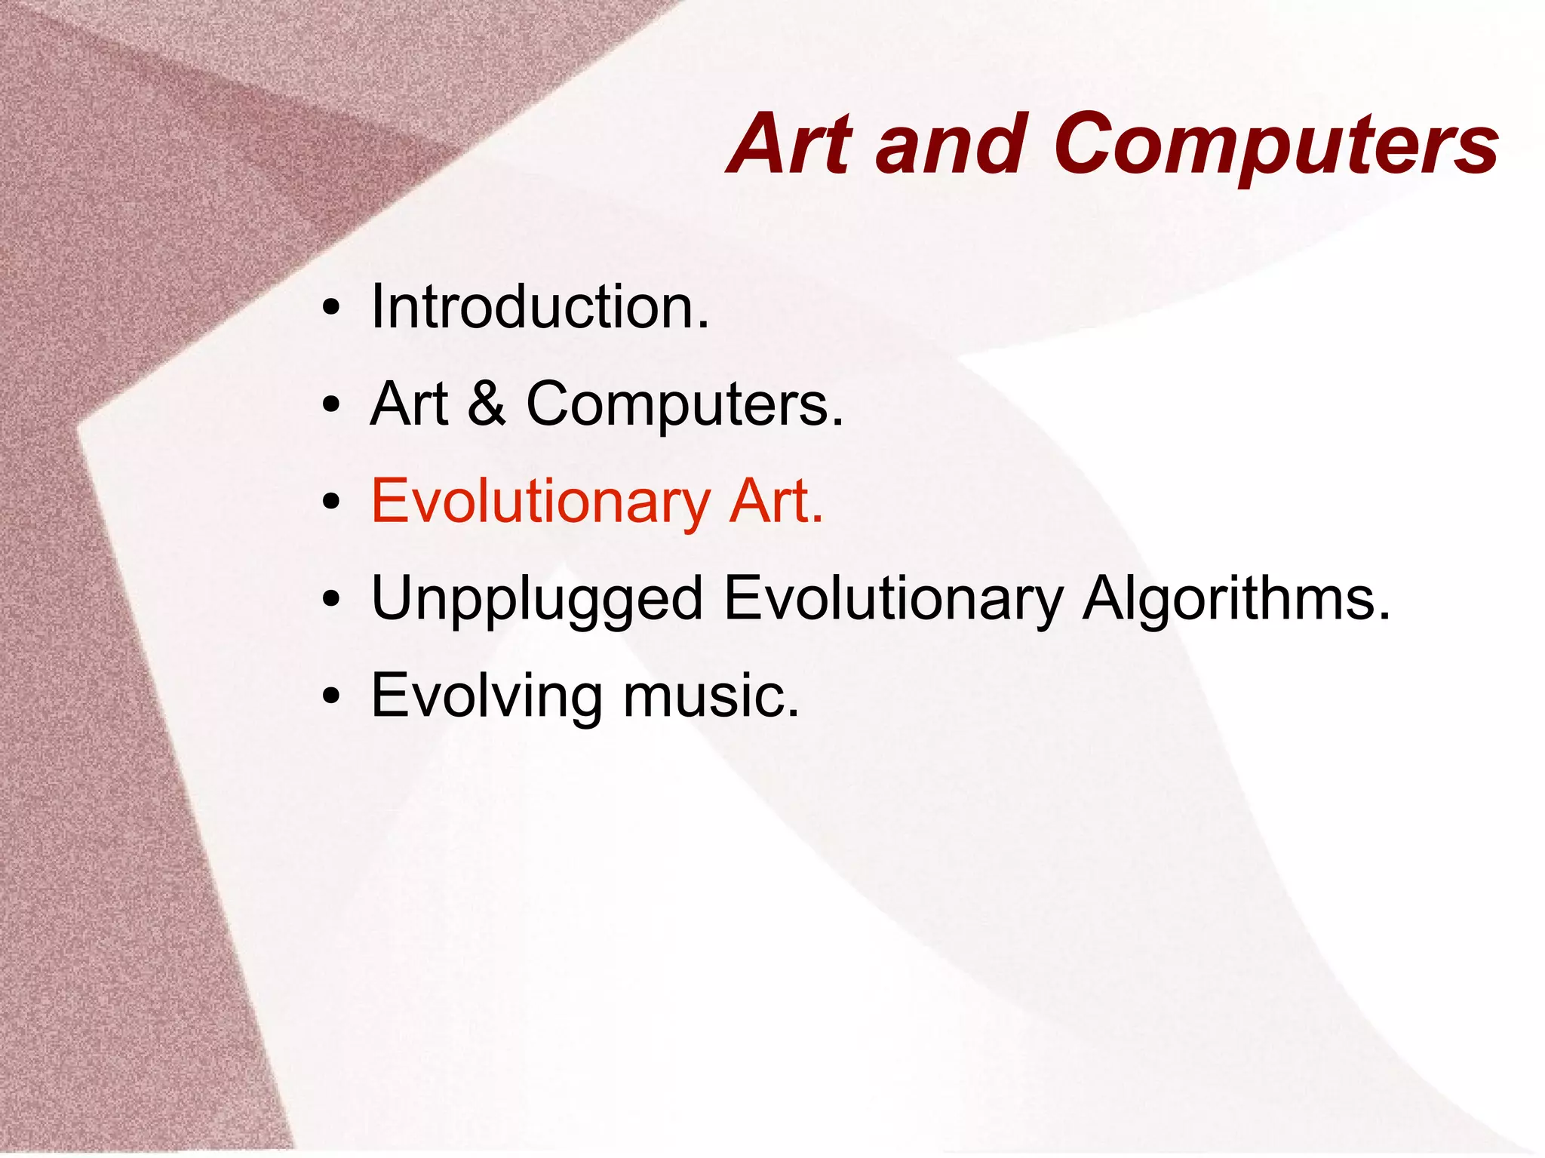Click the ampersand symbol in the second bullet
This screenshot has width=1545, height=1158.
coord(486,404)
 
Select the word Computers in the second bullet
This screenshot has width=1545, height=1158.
coord(683,405)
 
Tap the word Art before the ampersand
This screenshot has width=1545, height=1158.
coord(409,404)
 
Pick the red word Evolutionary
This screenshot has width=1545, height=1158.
coord(540,502)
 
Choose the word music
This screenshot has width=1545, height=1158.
coord(709,696)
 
